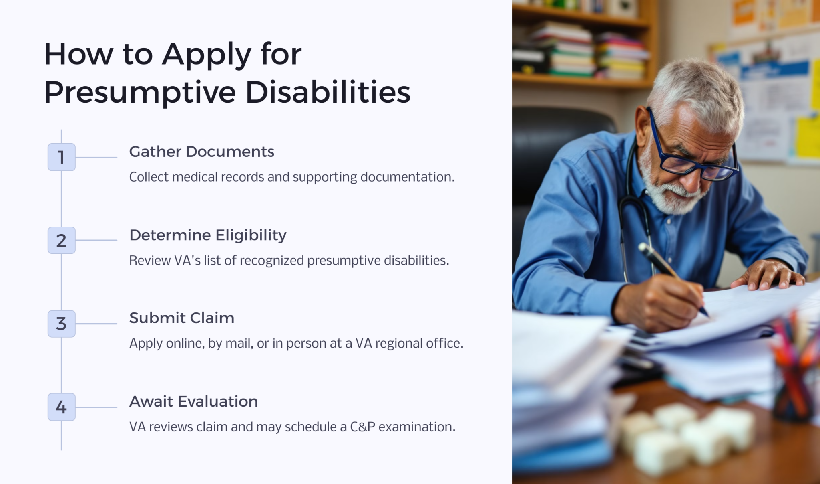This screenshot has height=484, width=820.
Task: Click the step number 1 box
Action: (x=61, y=157)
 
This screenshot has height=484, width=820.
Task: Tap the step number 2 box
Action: (x=61, y=240)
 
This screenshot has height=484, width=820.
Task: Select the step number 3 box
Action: (x=61, y=324)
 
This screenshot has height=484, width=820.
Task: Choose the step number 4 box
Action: (x=61, y=407)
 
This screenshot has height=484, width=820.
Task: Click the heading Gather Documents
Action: (x=201, y=152)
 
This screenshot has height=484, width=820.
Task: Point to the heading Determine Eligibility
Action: (x=208, y=235)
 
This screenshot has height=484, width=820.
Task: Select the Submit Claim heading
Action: (x=182, y=318)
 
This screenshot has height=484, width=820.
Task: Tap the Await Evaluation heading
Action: (x=193, y=401)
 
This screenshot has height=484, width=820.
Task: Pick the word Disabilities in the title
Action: (x=328, y=92)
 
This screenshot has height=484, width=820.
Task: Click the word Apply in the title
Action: (x=207, y=55)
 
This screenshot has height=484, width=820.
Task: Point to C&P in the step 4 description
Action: (x=362, y=427)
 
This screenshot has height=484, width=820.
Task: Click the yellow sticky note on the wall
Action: (x=807, y=136)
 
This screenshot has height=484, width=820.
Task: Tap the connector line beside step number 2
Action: (x=96, y=240)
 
